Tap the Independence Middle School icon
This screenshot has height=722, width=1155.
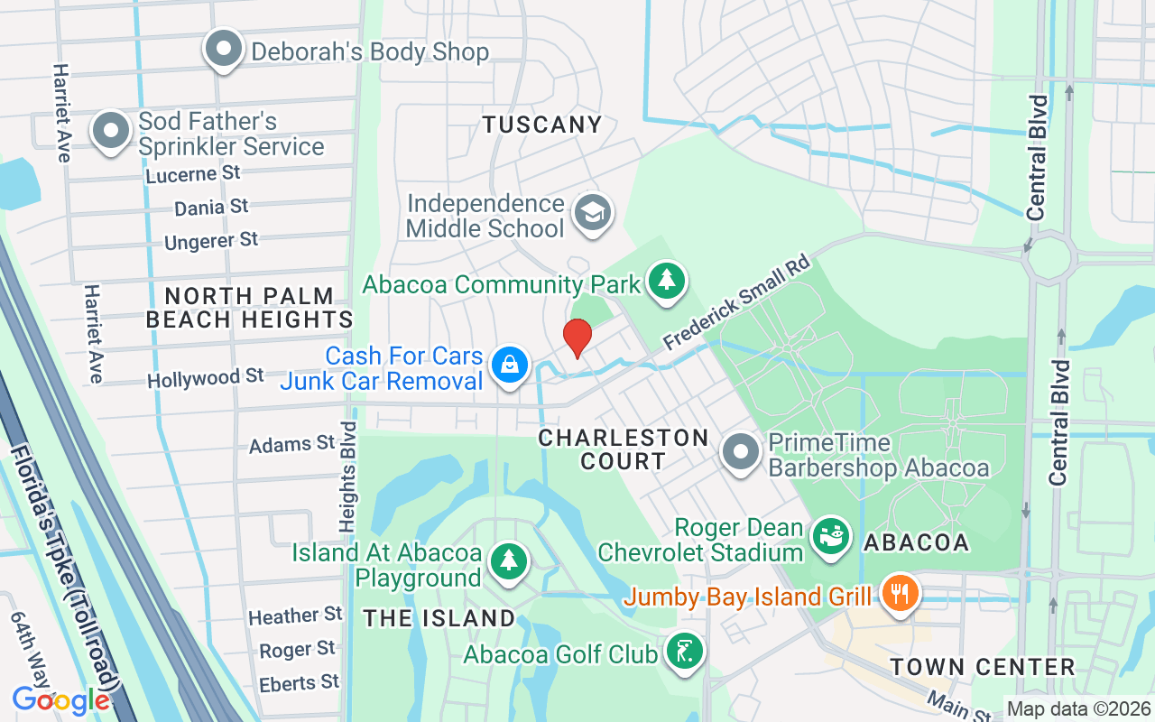point(594,214)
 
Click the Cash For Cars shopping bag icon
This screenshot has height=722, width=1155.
point(510,366)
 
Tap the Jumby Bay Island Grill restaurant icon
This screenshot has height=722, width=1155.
point(899,594)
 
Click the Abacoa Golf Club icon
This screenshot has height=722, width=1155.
point(685,652)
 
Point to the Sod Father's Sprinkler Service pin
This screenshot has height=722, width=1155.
point(111,131)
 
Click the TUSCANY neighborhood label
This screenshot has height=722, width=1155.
point(541,125)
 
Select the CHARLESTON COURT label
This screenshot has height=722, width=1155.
point(623,449)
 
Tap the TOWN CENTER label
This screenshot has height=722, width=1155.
point(982,668)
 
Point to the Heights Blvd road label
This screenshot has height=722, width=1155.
point(348,474)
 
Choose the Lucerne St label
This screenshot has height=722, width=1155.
point(194,173)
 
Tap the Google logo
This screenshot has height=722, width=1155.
point(60,699)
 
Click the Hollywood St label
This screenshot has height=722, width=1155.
point(206,377)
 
